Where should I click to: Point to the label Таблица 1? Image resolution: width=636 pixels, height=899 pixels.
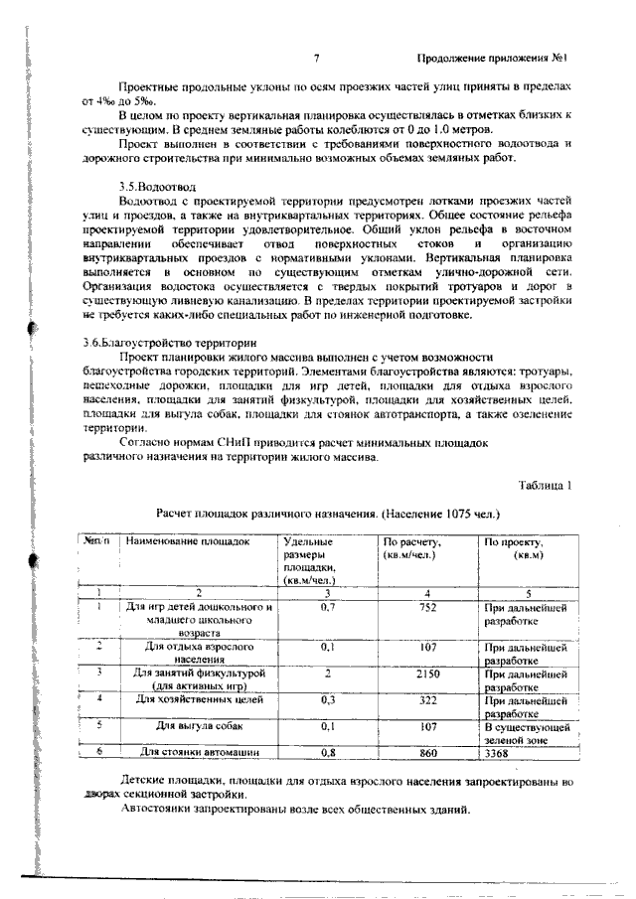click(x=547, y=486)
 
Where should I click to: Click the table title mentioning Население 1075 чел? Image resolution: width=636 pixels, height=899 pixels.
click(x=328, y=515)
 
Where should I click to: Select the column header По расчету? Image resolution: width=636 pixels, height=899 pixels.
click(x=411, y=543)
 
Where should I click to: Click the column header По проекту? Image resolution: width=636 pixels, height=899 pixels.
click(x=513, y=543)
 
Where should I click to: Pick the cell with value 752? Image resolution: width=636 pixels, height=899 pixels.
click(x=427, y=606)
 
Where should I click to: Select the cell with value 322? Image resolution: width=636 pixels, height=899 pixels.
click(x=427, y=700)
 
